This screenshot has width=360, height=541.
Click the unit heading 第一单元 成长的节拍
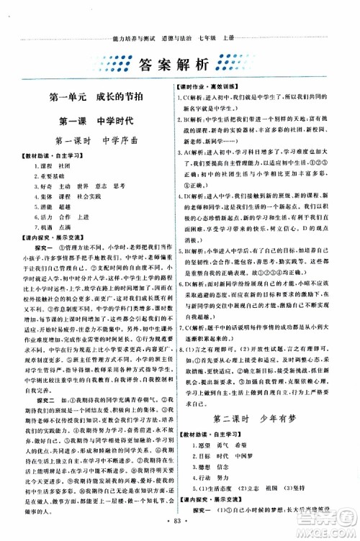(93, 96)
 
